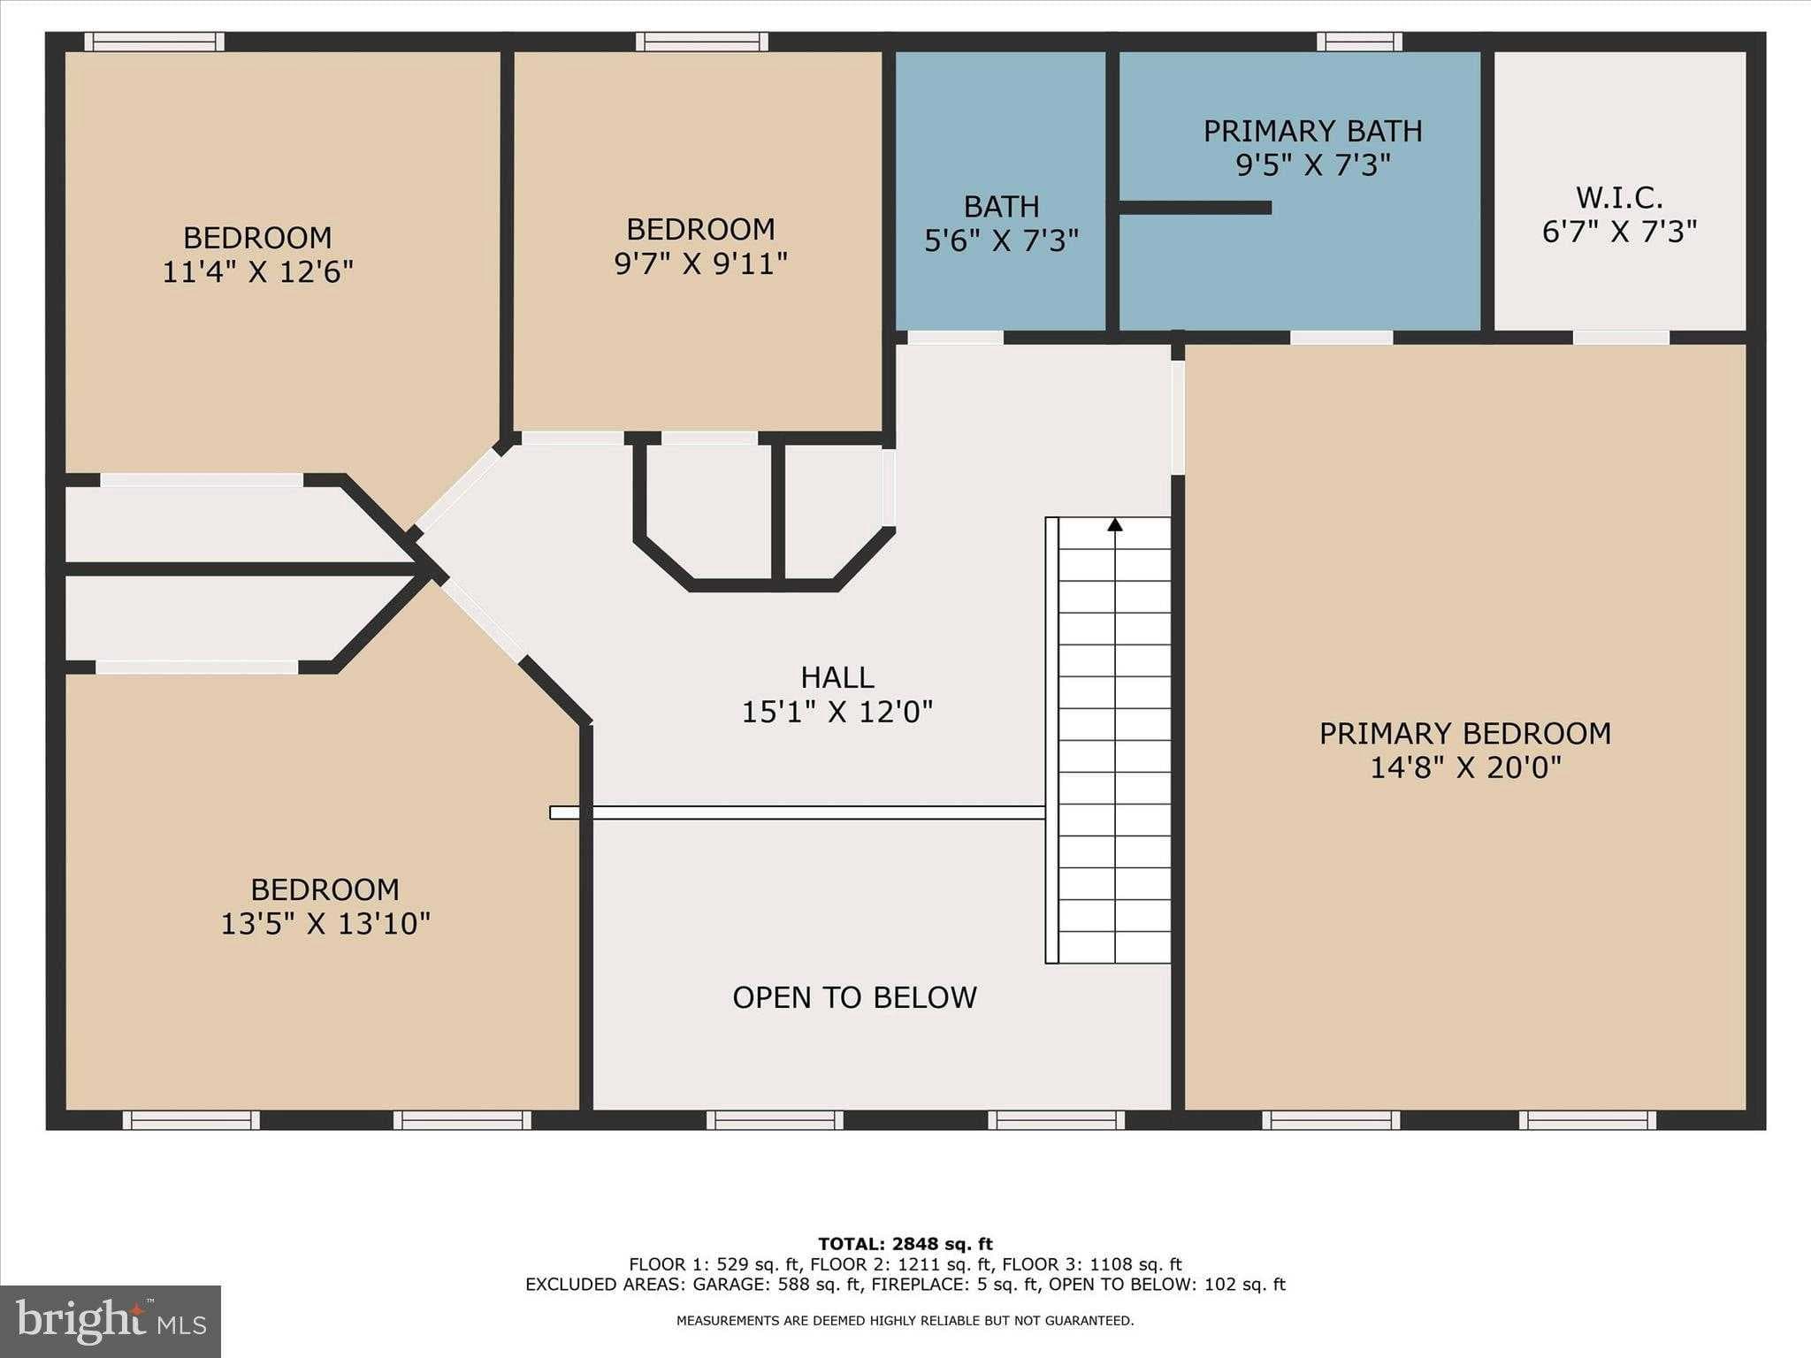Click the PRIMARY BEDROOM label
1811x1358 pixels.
click(x=1464, y=733)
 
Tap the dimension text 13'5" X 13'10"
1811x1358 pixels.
click(x=325, y=924)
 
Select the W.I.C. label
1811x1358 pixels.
click(x=1619, y=196)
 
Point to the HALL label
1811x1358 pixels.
click(x=837, y=677)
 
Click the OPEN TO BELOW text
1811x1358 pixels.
click(x=854, y=997)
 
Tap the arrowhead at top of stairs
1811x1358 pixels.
click(x=1115, y=525)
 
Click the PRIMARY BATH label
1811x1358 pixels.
click(x=1312, y=132)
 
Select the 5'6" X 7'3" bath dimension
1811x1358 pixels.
click(x=1001, y=240)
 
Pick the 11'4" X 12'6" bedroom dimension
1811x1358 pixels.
click(x=257, y=271)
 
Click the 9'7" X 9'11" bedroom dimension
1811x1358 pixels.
click(x=700, y=263)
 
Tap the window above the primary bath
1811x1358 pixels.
click(x=1358, y=42)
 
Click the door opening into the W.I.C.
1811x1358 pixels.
click(x=1620, y=338)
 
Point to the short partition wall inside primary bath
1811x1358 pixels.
click(x=1196, y=208)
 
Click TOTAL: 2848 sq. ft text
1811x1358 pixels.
click(x=905, y=1244)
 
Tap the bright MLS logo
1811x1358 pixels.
click(x=111, y=1321)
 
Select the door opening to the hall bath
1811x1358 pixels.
click(x=955, y=338)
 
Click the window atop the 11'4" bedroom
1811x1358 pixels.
click(x=154, y=42)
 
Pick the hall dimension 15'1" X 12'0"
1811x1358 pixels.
click(x=837, y=712)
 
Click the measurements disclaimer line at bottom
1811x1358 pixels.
click(x=905, y=1321)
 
